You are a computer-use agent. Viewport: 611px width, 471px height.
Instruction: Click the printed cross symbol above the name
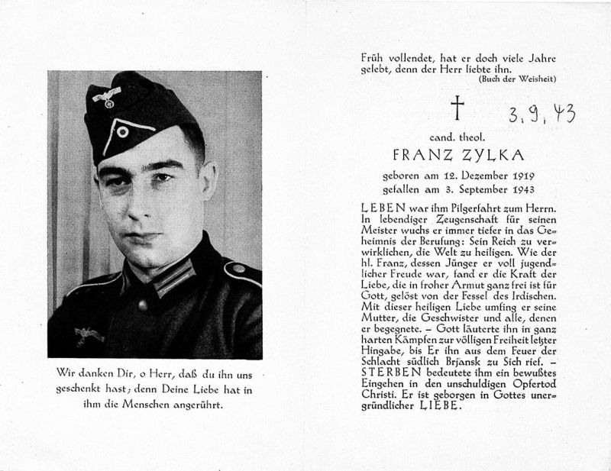point(457,108)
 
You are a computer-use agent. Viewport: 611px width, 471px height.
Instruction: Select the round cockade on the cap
point(122,130)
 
